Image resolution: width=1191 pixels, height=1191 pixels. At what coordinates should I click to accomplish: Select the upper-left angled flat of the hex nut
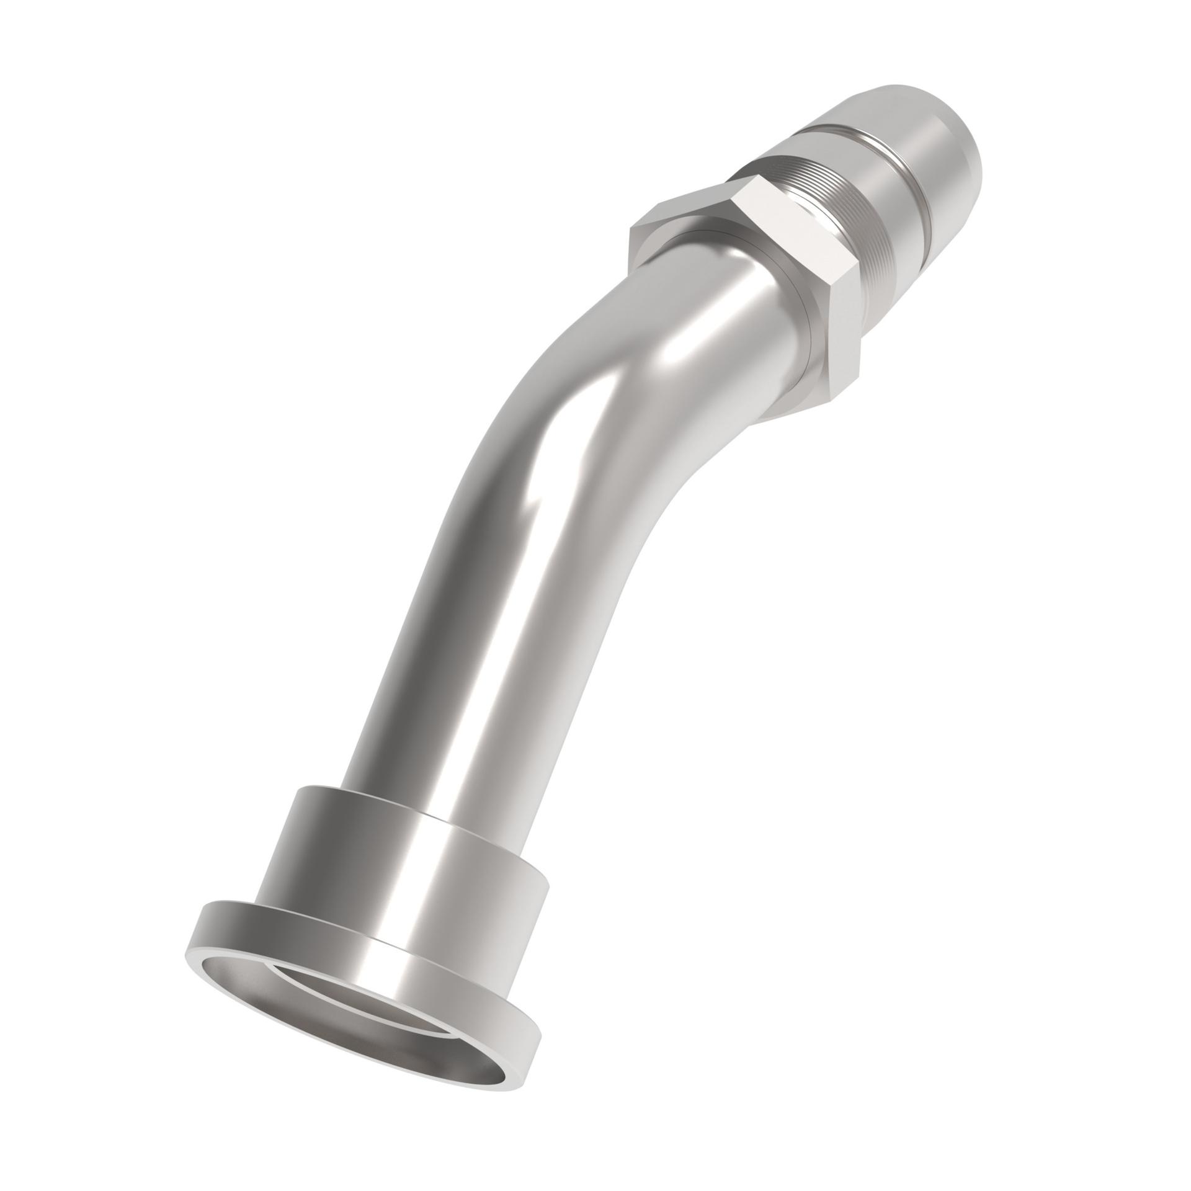tap(682, 205)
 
